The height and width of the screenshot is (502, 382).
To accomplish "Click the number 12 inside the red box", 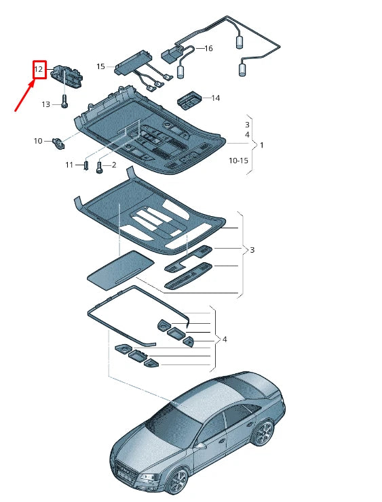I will (39, 69).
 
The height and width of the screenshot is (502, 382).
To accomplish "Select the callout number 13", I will (45, 104).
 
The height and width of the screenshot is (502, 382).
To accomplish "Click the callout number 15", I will (100, 66).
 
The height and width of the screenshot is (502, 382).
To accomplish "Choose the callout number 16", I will (208, 49).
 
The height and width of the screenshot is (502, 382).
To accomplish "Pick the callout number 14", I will (215, 98).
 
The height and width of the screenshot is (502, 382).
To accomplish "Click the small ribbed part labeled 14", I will (190, 101).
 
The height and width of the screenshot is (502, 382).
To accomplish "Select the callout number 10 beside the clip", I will (38, 141).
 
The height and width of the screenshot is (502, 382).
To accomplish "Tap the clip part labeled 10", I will (59, 142).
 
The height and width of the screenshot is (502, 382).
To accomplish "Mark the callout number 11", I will (69, 165).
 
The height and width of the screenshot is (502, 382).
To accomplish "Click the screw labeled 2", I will (100, 167).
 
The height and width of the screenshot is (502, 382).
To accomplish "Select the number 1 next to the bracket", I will (262, 145).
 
